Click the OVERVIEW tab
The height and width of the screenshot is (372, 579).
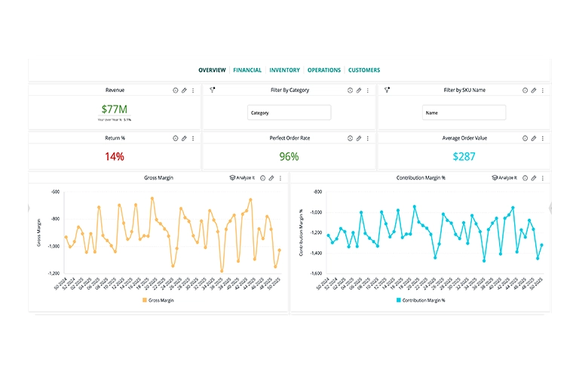click(212, 70)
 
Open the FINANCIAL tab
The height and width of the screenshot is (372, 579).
click(247, 70)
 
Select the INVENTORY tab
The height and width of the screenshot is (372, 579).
click(284, 70)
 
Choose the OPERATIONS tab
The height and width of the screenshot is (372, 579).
click(324, 70)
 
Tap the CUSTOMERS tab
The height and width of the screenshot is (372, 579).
click(364, 70)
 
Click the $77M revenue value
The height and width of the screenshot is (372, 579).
click(115, 109)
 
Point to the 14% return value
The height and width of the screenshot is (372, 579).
click(115, 156)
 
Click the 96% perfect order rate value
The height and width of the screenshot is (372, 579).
click(289, 156)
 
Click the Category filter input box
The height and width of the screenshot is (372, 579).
click(289, 112)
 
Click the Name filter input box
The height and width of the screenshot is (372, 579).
click(463, 112)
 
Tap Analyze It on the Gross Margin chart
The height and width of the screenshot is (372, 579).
click(242, 178)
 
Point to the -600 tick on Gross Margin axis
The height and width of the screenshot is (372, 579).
click(54, 192)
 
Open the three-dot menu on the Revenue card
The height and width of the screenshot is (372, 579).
click(193, 90)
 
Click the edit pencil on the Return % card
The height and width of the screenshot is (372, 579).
click(184, 138)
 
